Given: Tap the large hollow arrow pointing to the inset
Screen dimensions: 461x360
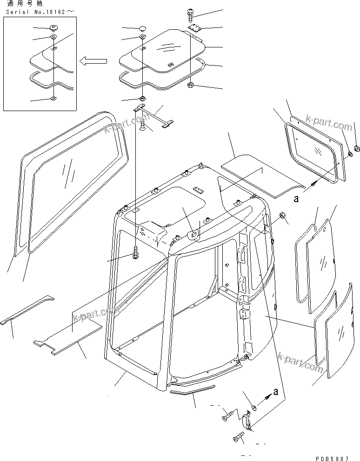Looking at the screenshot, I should (93, 60).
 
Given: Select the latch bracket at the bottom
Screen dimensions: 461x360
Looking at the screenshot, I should (248, 420).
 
